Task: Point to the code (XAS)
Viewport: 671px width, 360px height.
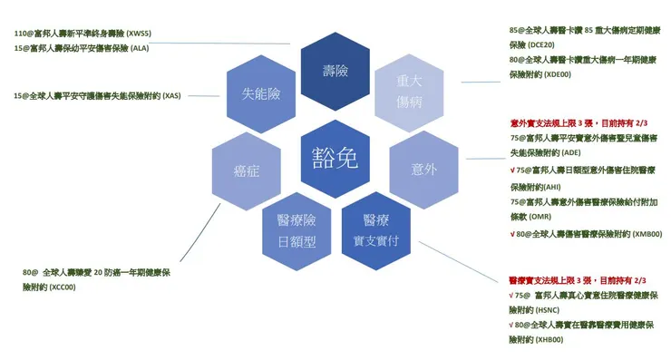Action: (169, 95)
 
